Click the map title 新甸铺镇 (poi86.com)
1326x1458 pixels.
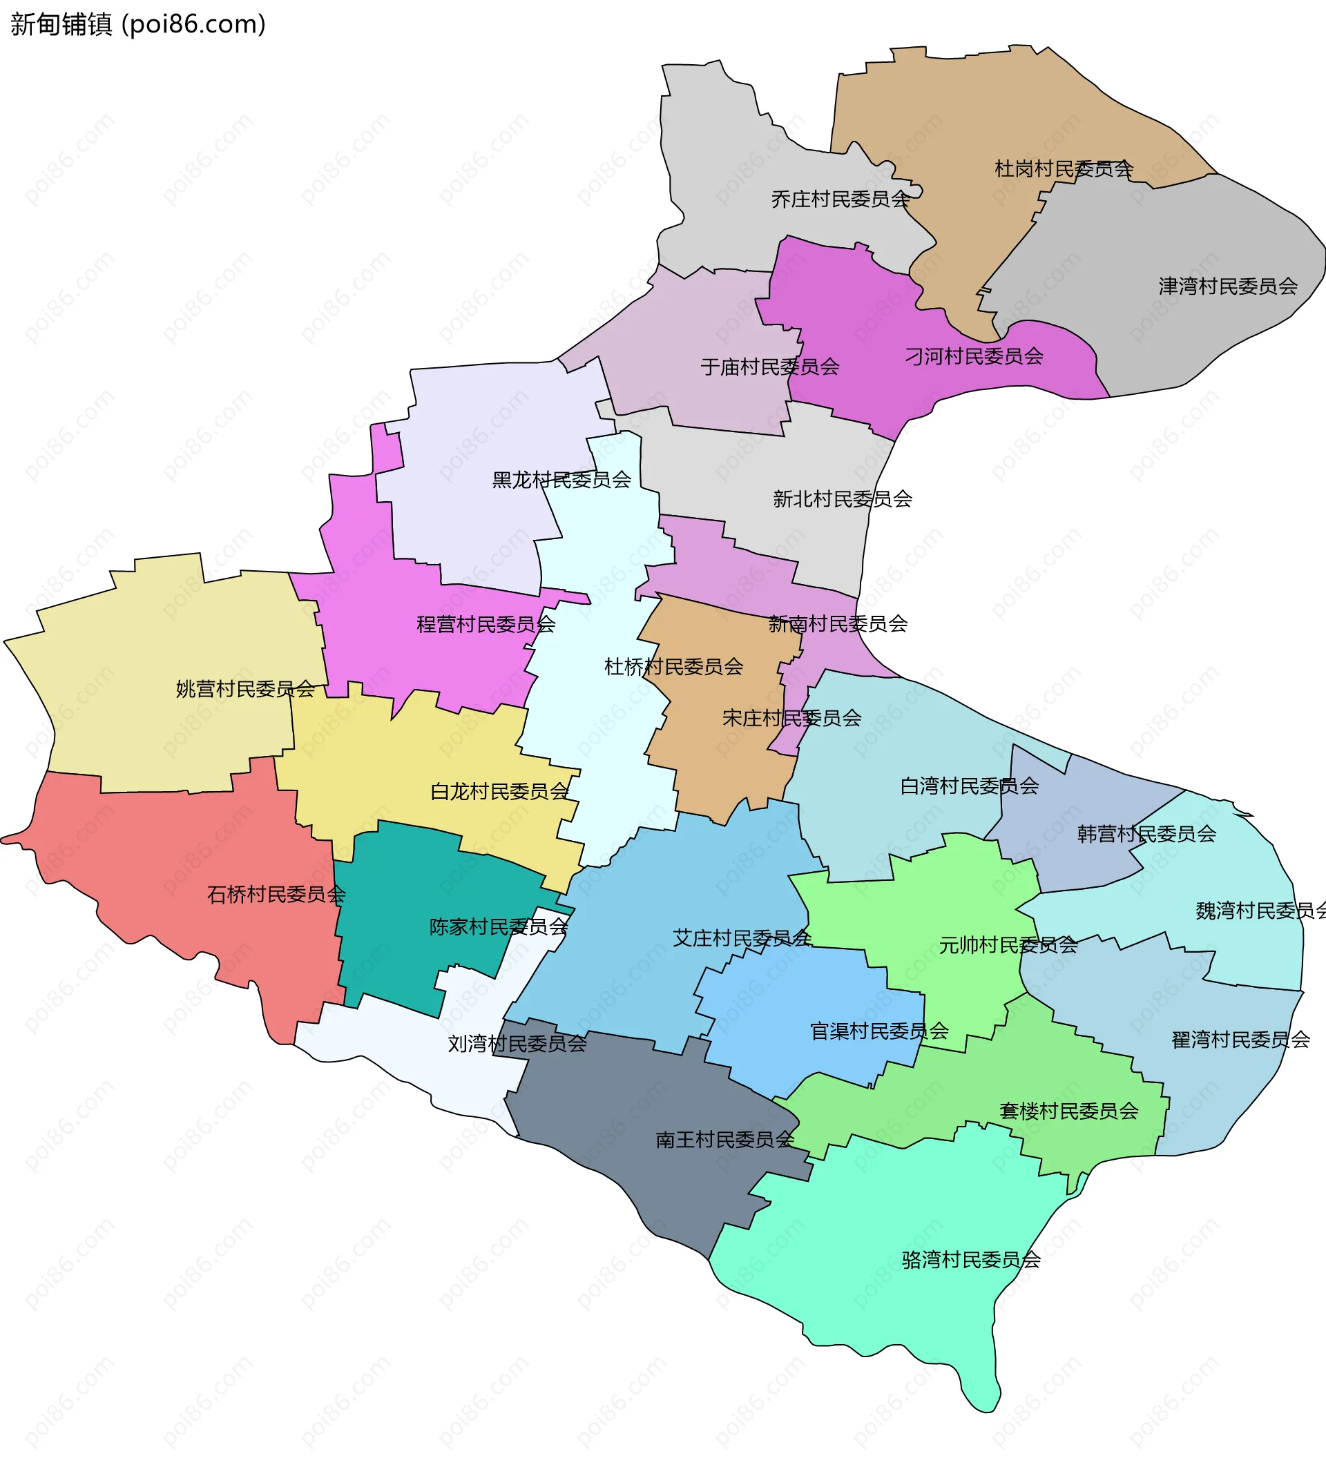click(137, 25)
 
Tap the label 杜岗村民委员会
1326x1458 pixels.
click(1064, 169)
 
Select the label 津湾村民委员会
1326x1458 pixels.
click(1228, 286)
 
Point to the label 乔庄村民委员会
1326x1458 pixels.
click(840, 200)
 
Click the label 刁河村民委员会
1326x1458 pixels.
click(974, 356)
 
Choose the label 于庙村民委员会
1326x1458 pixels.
click(770, 367)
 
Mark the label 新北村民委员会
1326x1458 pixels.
click(842, 499)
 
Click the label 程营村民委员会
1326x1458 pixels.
click(486, 625)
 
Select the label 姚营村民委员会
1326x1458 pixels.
click(245, 689)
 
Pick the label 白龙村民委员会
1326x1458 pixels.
click(500, 792)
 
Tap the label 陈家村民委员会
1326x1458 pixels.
click(499, 927)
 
